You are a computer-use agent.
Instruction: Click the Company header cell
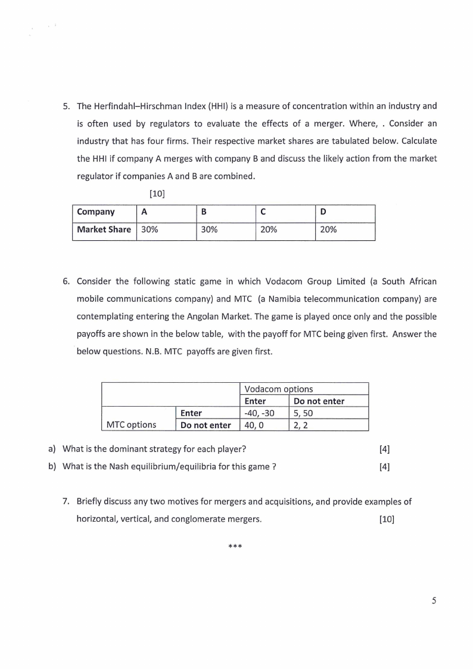[x=96, y=212]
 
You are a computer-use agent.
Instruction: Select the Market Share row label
[x=104, y=230]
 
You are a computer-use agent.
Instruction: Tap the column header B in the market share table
[x=204, y=212]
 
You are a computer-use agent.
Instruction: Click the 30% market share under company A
[x=150, y=230]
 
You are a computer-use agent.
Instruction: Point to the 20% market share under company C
[x=269, y=230]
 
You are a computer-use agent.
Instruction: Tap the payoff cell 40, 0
[x=254, y=425]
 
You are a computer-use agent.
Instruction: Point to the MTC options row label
[x=131, y=425]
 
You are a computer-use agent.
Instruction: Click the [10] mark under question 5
[x=157, y=193]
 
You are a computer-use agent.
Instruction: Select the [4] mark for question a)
[x=384, y=449]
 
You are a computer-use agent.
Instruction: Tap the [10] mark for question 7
[x=387, y=519]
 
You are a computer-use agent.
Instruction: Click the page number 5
[x=434, y=600]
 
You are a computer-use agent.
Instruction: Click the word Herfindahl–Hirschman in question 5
[x=138, y=106]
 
